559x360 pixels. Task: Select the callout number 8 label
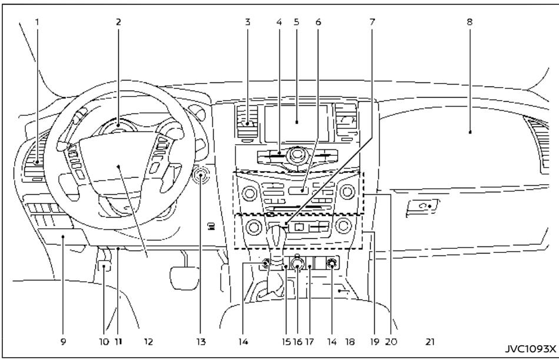click(469, 22)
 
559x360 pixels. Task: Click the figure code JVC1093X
click(533, 348)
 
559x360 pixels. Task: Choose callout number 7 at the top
click(372, 22)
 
